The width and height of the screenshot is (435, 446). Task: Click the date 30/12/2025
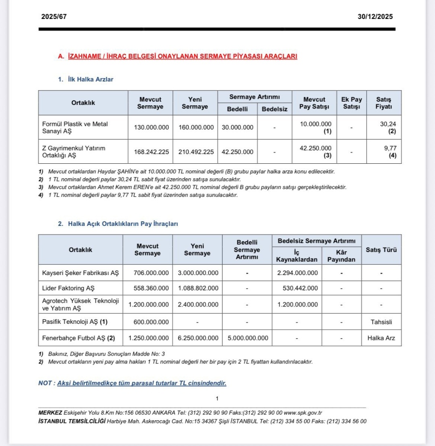tap(375, 17)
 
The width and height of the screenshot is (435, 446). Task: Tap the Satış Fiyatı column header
tap(383, 103)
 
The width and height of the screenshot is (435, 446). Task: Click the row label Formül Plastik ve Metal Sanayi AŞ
tap(75, 127)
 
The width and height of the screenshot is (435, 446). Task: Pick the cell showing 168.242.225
tap(150, 152)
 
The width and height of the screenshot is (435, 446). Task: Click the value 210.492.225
tap(195, 152)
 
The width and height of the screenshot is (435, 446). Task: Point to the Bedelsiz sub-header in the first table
tap(274, 109)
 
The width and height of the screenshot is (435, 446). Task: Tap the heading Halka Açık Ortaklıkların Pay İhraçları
tap(123, 224)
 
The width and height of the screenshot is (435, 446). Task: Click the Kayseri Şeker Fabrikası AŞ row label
tap(81, 273)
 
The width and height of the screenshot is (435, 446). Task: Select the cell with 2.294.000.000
tap(297, 273)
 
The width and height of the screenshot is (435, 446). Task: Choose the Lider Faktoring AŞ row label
tap(68, 289)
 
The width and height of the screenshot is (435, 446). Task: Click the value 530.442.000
tap(300, 289)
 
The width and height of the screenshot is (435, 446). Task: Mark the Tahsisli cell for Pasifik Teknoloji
tap(381, 322)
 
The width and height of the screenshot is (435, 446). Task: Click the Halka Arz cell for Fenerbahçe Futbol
tap(381, 338)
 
